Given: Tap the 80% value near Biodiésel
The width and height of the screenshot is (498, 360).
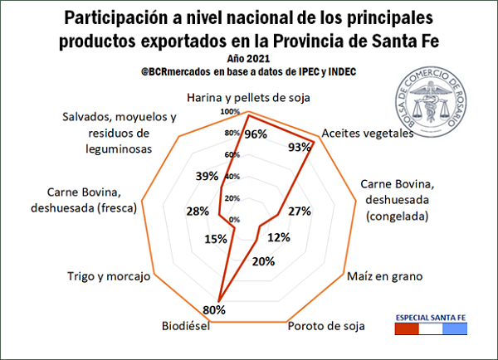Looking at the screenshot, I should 215,310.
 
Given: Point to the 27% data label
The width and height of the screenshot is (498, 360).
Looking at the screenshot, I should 298,212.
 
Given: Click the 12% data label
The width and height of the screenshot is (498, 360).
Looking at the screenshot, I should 279,237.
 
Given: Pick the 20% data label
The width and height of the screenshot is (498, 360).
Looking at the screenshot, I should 263,262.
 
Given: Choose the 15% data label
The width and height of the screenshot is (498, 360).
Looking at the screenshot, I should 215,240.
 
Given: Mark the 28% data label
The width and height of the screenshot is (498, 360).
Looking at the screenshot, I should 198,212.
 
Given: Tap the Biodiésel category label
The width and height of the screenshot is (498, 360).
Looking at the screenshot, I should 186,325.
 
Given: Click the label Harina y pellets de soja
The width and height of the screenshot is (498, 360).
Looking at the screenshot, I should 248,96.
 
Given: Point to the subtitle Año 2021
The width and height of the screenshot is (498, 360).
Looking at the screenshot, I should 248,59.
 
